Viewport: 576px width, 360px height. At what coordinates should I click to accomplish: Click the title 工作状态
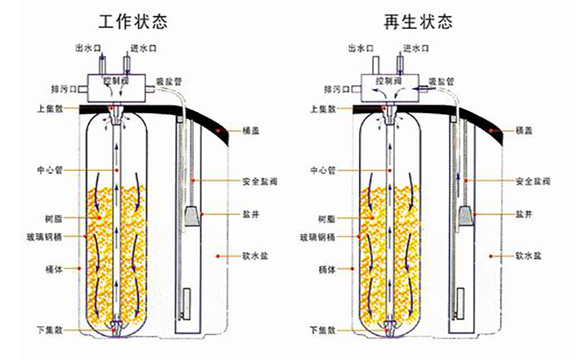(133, 22)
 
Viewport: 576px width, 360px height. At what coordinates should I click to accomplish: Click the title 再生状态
(418, 22)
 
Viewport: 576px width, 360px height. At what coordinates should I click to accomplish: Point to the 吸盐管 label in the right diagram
(442, 81)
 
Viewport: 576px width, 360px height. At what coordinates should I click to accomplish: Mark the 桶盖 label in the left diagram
(251, 131)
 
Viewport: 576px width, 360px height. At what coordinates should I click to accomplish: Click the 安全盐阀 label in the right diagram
(535, 181)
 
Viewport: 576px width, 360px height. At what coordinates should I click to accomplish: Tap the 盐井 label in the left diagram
(249, 214)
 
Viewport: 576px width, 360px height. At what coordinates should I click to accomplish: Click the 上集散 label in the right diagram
(322, 108)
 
